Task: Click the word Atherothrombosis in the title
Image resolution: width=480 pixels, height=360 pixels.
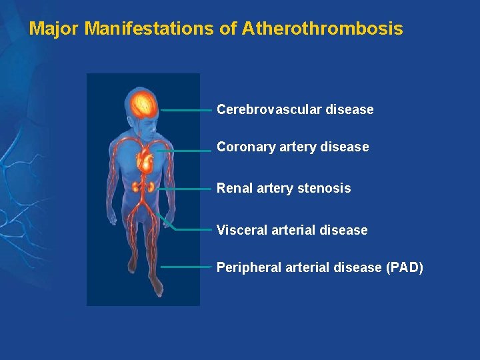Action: [x=323, y=29]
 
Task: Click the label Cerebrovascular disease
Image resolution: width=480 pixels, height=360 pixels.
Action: [x=295, y=109]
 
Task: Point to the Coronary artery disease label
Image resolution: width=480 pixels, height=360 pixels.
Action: [x=292, y=147]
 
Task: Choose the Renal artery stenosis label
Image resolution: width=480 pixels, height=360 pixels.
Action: [x=283, y=189]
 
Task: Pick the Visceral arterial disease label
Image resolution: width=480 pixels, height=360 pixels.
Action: [x=291, y=230]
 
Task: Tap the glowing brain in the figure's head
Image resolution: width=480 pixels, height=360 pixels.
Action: [x=144, y=104]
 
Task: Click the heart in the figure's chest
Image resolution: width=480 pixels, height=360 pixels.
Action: [x=144, y=161]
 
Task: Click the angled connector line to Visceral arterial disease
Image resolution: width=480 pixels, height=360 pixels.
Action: [x=190, y=229]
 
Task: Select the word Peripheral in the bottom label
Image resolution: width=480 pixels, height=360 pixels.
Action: [x=249, y=267]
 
